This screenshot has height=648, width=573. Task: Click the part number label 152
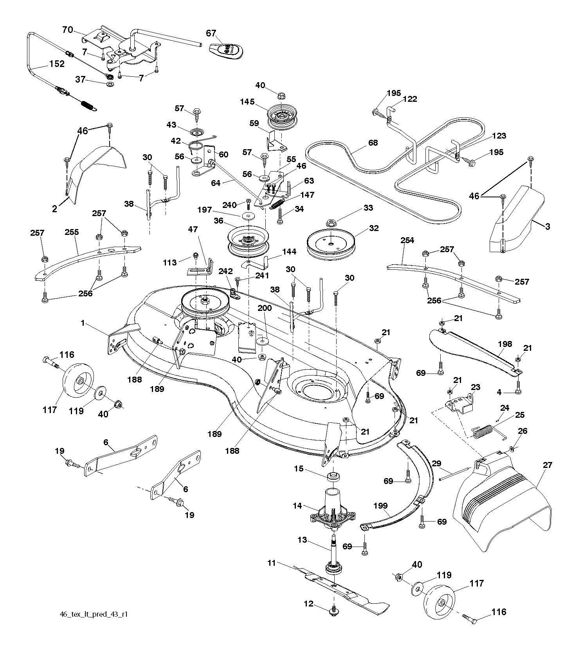pyautogui.click(x=57, y=64)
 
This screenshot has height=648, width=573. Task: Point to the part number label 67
pyautogui.click(x=211, y=34)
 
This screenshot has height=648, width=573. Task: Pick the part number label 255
pyautogui.click(x=72, y=232)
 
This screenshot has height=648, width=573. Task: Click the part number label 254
pyautogui.click(x=407, y=240)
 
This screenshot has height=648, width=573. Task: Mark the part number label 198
pyautogui.click(x=505, y=344)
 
